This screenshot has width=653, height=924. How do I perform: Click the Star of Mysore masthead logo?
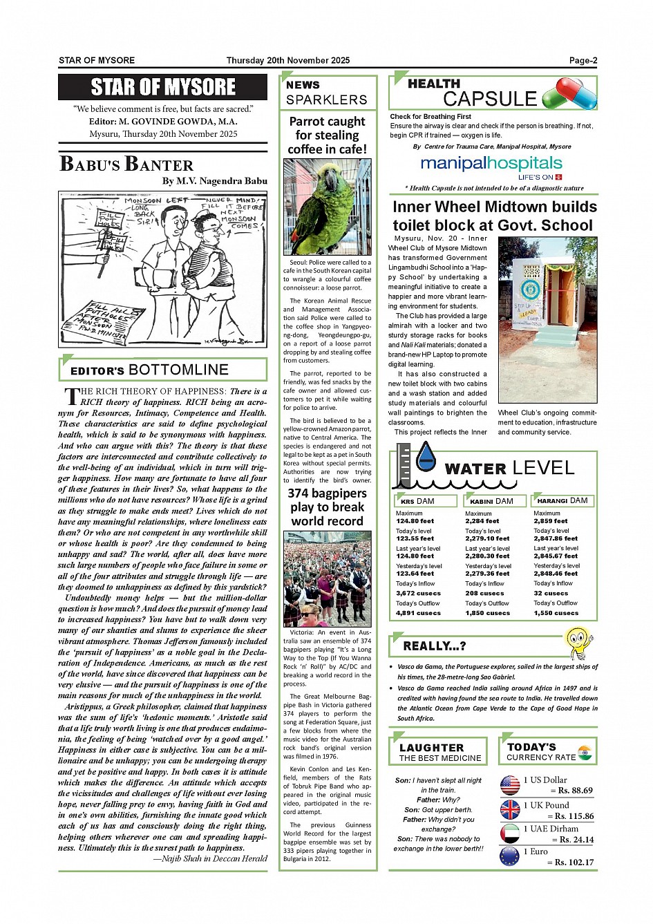pyautogui.click(x=162, y=87)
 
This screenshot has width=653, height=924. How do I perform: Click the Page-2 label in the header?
pyautogui.click(x=583, y=61)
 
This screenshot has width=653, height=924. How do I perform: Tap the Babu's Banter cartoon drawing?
pyautogui.click(x=162, y=269)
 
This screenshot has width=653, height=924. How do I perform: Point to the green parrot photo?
pyautogui.click(x=327, y=207)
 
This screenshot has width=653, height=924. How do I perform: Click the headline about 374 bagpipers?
pyautogui.click(x=327, y=507)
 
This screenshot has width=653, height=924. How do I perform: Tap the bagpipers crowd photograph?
pyautogui.click(x=327, y=578)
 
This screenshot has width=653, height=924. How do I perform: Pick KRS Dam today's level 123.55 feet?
pyautogui.click(x=415, y=538)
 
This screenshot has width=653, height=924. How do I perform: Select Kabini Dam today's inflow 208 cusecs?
pyautogui.click(x=484, y=593)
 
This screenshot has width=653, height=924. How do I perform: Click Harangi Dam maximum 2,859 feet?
pyautogui.click(x=551, y=521)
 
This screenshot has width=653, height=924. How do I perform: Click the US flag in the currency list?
pyautogui.click(x=510, y=785)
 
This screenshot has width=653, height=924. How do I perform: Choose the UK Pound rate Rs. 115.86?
pyautogui.click(x=574, y=816)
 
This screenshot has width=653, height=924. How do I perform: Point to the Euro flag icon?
pyautogui.click(x=510, y=857)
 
